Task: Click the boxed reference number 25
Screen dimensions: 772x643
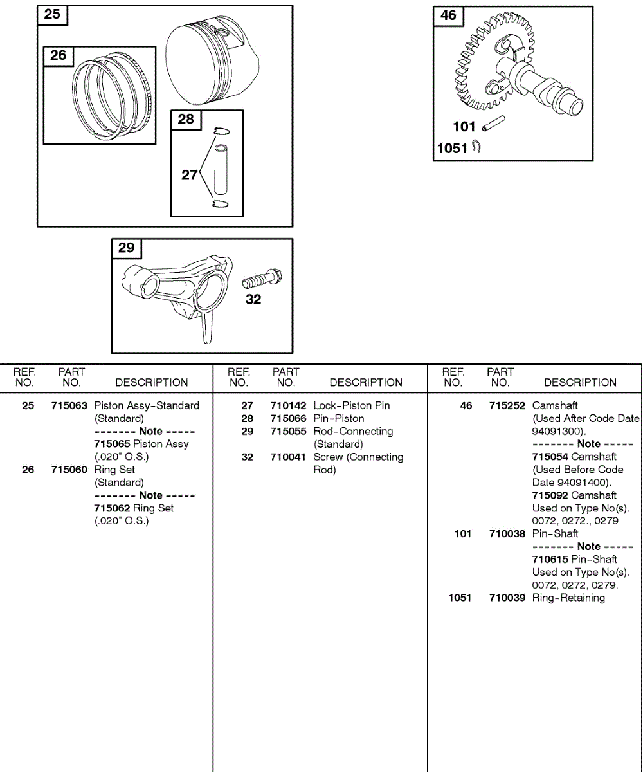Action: (x=52, y=14)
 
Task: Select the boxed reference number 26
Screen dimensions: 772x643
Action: (x=58, y=55)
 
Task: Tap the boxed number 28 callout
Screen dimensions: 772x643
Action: (x=185, y=119)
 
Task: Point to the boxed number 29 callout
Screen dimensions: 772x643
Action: (x=126, y=248)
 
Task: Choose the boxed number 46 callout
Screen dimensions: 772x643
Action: (x=448, y=15)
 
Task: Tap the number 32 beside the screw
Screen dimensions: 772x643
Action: (x=253, y=300)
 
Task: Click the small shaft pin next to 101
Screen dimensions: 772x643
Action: (x=494, y=123)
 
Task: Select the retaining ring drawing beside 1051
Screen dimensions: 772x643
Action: (x=476, y=147)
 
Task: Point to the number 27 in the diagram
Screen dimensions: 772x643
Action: (x=189, y=174)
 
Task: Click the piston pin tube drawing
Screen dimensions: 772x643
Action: (x=221, y=170)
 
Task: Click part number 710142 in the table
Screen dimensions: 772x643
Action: (x=288, y=406)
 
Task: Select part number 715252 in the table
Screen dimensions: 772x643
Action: (x=507, y=406)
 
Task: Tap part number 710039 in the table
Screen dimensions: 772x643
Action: (x=507, y=598)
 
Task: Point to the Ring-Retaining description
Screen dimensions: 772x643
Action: (x=568, y=598)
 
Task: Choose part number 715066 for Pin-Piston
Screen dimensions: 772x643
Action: (x=288, y=419)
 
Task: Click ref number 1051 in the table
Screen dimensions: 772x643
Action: (x=460, y=598)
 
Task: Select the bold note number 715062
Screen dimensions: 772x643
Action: (x=112, y=508)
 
